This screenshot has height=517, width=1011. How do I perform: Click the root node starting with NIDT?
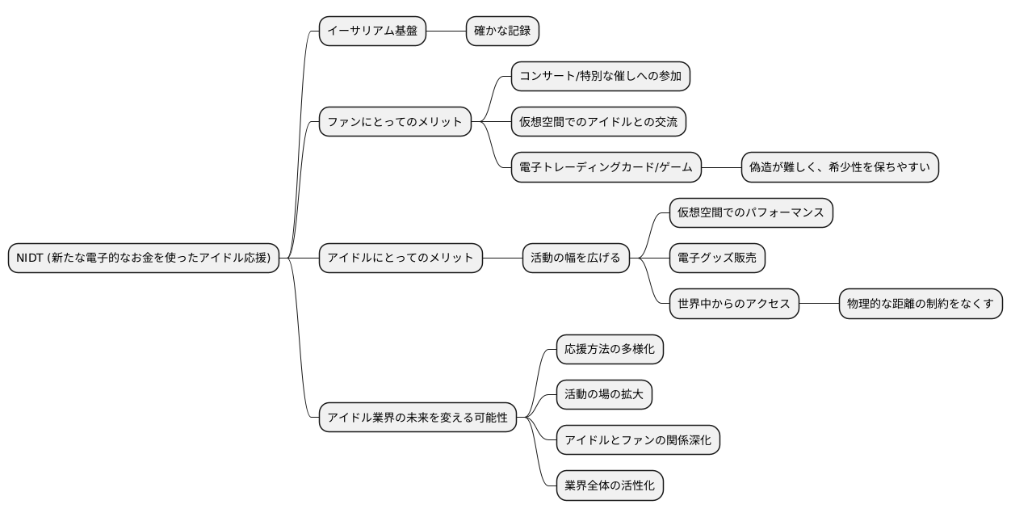[144, 258]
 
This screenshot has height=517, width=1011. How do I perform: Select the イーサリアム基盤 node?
[372, 31]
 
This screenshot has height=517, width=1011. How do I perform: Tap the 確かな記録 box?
[502, 31]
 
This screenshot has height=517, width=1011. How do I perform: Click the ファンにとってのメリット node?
[395, 122]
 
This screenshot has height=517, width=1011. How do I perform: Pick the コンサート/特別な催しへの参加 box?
[601, 77]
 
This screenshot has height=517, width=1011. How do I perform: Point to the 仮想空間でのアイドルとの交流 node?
[598, 122]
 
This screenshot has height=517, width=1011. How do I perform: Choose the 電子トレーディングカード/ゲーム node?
[606, 167]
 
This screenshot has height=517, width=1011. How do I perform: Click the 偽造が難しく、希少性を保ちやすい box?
[840, 167]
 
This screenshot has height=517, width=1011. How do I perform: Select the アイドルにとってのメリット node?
[401, 258]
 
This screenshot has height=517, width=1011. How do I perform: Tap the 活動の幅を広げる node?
[575, 258]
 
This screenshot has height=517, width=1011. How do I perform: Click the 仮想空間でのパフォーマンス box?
[751, 212]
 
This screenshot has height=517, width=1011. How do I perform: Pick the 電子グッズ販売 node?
[717, 258]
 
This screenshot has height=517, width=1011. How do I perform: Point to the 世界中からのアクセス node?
[734, 304]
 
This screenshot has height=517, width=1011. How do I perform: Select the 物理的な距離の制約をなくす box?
[921, 304]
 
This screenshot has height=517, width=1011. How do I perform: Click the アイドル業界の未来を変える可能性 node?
[417, 417]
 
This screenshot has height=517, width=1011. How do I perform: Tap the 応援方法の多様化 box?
[610, 349]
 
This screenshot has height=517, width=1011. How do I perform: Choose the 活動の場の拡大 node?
[604, 394]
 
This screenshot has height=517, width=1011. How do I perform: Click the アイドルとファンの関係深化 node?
[638, 439]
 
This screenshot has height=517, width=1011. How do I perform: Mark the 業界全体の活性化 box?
[610, 485]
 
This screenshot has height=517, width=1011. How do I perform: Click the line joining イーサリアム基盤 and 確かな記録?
[446, 31]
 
